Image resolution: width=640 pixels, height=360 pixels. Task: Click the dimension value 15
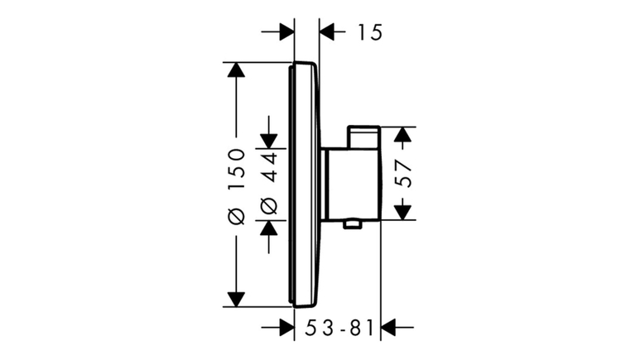(x=370, y=32)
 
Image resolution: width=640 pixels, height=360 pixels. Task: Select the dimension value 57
(x=403, y=174)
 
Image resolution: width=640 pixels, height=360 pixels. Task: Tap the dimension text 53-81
(x=339, y=328)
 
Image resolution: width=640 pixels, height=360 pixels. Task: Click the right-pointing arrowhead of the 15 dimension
(x=286, y=31)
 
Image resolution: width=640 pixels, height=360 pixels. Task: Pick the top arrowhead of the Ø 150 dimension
(x=236, y=70)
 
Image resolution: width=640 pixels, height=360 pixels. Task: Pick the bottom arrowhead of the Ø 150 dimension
(x=236, y=300)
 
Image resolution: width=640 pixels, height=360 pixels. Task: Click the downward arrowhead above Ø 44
(x=269, y=142)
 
